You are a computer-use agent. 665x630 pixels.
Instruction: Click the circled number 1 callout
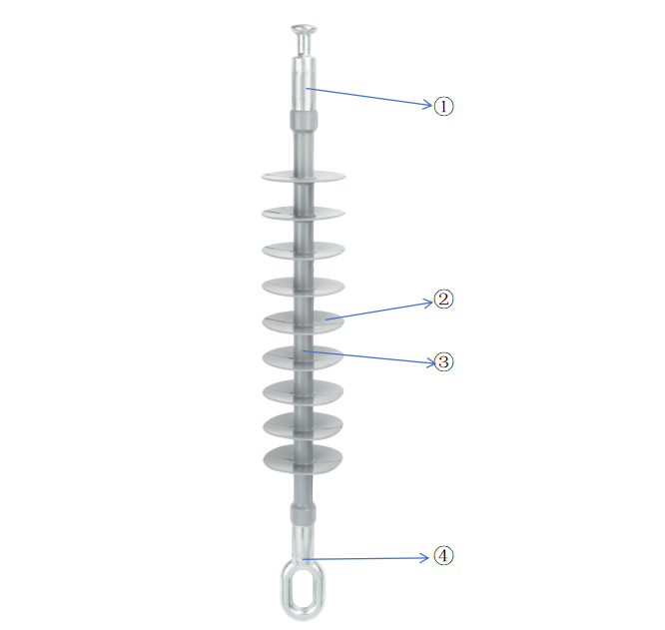(443, 106)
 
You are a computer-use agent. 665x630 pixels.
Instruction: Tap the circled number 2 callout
(443, 300)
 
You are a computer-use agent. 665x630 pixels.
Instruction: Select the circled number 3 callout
(443, 362)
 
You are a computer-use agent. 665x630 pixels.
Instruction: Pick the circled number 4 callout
(443, 556)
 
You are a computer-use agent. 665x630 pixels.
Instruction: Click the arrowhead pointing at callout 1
(427, 104)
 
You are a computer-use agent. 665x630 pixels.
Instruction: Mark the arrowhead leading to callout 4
(425, 558)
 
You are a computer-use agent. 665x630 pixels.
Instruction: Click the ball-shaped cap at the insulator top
(304, 29)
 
